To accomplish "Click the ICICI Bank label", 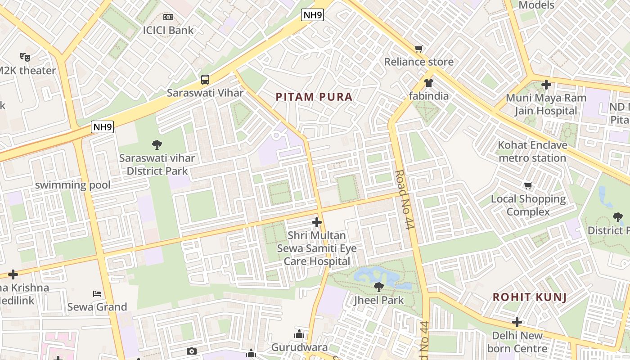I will pyautogui.click(x=168, y=30).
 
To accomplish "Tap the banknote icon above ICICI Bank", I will pyautogui.click(x=168, y=17).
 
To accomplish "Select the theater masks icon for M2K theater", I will pyautogui.click(x=25, y=57).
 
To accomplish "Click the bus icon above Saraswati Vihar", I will pyautogui.click(x=205, y=80).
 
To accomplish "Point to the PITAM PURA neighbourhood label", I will pyautogui.click(x=314, y=97).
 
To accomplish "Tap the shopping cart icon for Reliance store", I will pyautogui.click(x=419, y=48).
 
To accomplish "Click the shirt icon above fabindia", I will pyautogui.click(x=428, y=83).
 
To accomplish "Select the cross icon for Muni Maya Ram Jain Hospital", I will pyautogui.click(x=546, y=84).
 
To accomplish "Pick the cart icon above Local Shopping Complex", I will pyautogui.click(x=528, y=185).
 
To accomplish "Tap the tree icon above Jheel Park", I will pyautogui.click(x=379, y=287).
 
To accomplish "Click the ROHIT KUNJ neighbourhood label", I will pyautogui.click(x=529, y=297).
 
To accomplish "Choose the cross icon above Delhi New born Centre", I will pyautogui.click(x=517, y=322).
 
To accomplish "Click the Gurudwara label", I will pyautogui.click(x=299, y=347).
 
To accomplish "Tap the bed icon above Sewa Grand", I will pyautogui.click(x=97, y=294).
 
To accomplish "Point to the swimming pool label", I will pyautogui.click(x=73, y=185).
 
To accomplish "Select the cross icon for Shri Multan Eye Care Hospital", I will pyautogui.click(x=317, y=222).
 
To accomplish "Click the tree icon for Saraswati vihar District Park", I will pyautogui.click(x=157, y=145).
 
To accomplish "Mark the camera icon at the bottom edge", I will pyautogui.click(x=192, y=351).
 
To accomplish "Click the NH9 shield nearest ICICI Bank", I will pyautogui.click(x=312, y=15).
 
